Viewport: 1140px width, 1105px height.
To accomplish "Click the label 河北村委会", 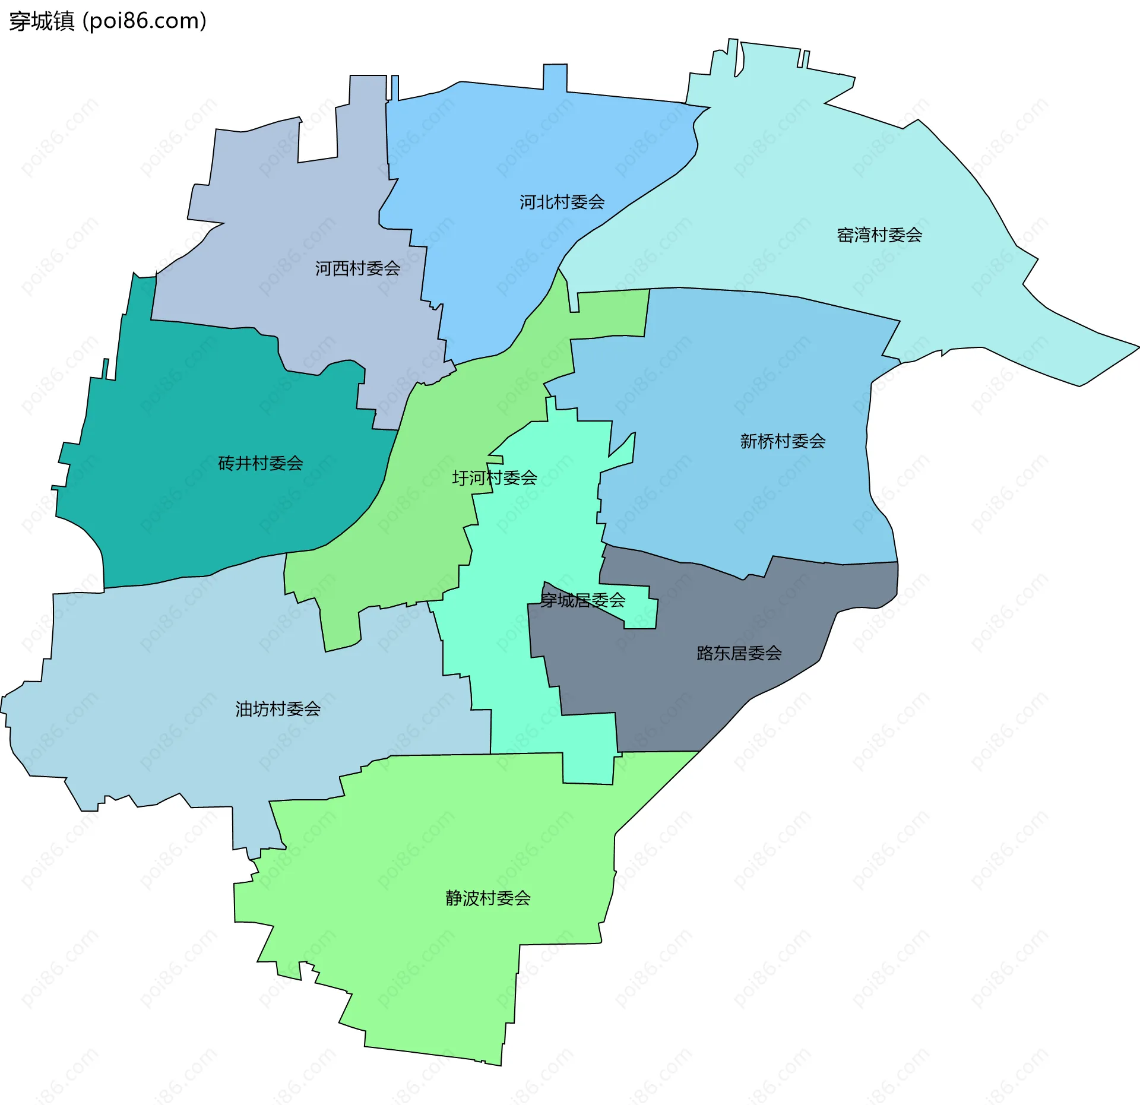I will point(562,202).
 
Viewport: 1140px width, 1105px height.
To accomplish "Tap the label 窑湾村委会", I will point(879,235).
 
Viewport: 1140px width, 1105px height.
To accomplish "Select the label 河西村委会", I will point(357,268).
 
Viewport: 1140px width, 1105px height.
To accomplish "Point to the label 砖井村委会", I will point(260,463).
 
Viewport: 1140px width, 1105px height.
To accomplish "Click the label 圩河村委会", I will point(494,477).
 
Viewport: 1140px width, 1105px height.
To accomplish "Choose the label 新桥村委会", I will point(782,441).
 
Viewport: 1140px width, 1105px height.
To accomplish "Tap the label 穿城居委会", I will point(582,600).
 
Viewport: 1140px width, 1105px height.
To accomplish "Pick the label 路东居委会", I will point(739,653).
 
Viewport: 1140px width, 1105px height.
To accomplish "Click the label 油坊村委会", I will point(278,708).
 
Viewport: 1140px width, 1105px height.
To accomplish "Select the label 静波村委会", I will point(487,898).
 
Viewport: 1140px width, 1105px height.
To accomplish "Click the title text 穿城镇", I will point(42,21).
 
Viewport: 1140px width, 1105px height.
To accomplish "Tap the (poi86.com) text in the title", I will point(144,21).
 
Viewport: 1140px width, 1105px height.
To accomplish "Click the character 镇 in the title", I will point(64,21).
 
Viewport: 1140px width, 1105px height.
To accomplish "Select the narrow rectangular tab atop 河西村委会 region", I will point(368,89).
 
